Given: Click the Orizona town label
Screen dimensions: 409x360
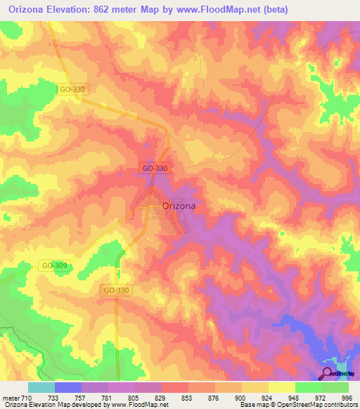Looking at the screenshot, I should (x=179, y=206).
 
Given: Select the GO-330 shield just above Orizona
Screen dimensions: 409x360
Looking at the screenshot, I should (x=153, y=168).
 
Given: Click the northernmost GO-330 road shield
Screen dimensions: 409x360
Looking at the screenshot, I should (x=72, y=89).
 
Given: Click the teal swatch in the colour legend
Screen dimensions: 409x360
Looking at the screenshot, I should (x=41, y=387).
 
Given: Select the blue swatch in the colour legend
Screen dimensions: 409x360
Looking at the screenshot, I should (x=67, y=387).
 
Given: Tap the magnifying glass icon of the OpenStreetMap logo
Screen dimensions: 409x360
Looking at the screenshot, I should (x=327, y=374).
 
